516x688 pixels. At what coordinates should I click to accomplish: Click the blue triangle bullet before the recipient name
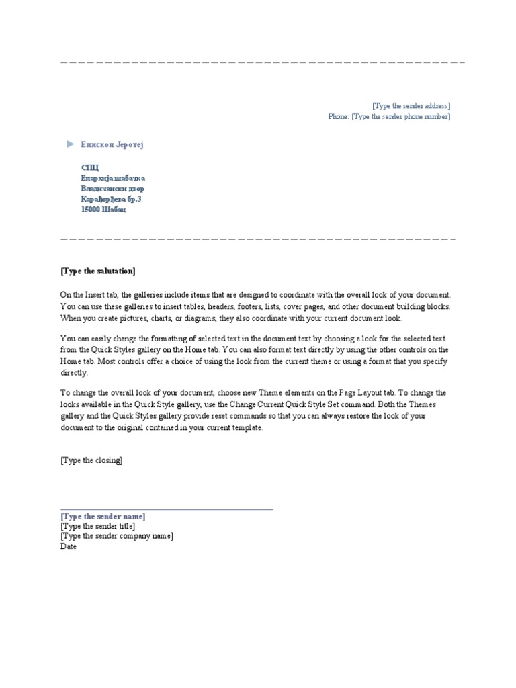coord(70,144)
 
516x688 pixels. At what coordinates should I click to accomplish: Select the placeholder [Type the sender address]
coord(411,105)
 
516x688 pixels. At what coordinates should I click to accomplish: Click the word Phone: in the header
coord(338,116)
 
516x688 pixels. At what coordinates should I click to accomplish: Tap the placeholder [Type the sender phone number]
coord(400,116)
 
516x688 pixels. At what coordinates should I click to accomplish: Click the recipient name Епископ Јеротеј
coord(112,144)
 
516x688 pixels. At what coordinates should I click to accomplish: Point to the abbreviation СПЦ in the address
coord(89,167)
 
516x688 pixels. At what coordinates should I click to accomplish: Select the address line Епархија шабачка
coord(113,178)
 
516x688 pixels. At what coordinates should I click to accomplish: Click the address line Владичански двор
coord(112,189)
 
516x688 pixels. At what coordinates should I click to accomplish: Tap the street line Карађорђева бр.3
coord(111,199)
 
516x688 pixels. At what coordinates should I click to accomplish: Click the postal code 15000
coord(90,210)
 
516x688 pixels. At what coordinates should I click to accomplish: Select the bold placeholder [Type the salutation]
coord(97,271)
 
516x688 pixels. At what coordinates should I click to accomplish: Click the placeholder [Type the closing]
coord(91,460)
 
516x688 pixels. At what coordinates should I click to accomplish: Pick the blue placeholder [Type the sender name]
coord(102,516)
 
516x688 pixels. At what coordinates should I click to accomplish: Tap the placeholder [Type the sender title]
coord(97,526)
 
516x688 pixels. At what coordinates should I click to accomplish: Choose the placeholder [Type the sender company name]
coord(116,536)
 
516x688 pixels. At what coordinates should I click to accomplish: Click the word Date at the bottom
coord(69,546)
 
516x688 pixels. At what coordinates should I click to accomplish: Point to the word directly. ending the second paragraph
coord(73,372)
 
